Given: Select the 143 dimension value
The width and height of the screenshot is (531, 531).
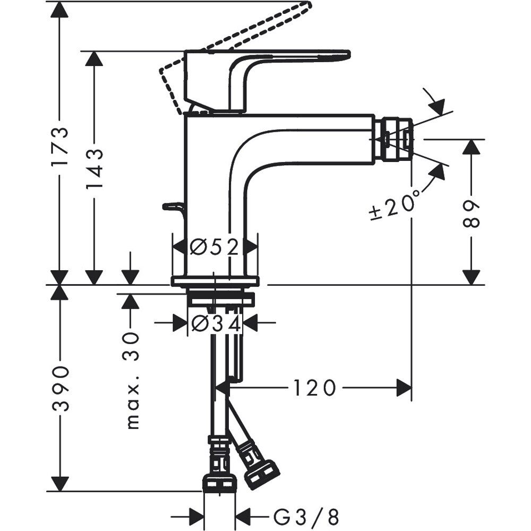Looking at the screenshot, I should click(x=94, y=169).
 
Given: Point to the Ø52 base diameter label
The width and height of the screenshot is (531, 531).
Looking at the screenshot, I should click(x=215, y=247).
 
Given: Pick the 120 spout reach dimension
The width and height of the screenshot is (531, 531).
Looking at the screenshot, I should click(x=314, y=388).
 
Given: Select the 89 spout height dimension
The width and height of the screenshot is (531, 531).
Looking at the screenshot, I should click(x=471, y=213).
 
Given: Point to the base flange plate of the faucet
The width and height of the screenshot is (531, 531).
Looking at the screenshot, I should click(x=215, y=281).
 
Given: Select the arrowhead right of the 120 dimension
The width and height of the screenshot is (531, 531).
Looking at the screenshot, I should click(x=404, y=388).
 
